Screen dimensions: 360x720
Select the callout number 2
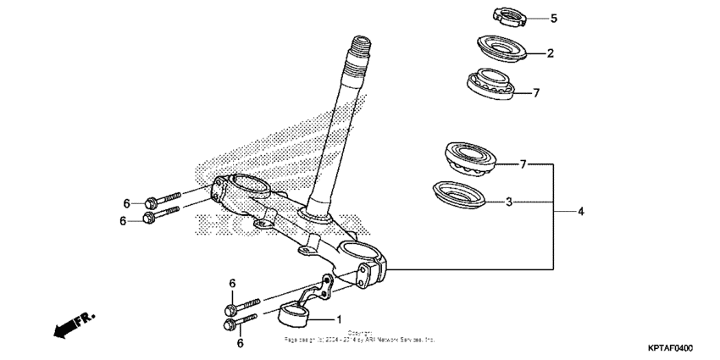point(550,53)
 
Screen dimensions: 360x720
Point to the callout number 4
point(581,211)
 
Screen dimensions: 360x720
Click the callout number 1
point(339,320)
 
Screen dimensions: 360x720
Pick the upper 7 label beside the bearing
point(535,93)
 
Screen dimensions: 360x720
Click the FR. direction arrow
point(73,325)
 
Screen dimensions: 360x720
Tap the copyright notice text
point(360,336)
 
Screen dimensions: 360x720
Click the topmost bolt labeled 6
point(162,200)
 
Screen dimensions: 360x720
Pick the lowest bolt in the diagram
point(238,322)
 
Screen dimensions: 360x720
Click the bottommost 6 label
point(240,343)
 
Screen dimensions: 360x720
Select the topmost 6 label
point(126,203)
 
